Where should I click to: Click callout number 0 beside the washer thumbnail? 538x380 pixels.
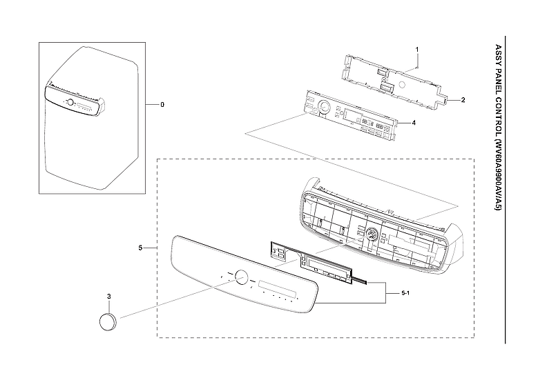(162, 105)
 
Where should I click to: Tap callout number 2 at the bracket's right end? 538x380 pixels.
(463, 100)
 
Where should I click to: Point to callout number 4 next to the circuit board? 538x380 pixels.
(413, 123)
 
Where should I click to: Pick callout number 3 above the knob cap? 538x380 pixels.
(109, 296)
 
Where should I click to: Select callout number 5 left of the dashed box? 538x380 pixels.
(141, 247)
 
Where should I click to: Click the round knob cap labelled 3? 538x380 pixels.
(108, 321)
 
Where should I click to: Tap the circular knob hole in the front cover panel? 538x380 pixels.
(241, 276)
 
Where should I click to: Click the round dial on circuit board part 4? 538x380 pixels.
(323, 108)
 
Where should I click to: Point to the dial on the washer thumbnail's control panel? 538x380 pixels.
(70, 102)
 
